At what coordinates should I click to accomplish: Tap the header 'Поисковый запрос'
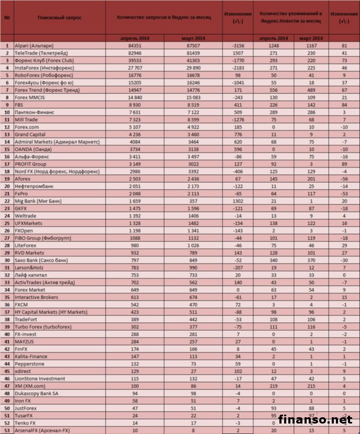point(59,18)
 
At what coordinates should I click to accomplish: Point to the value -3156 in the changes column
point(237,46)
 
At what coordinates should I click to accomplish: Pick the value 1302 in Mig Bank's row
point(237,201)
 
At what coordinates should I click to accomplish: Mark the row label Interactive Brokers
point(37,297)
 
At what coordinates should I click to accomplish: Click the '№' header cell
point(7,18)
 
